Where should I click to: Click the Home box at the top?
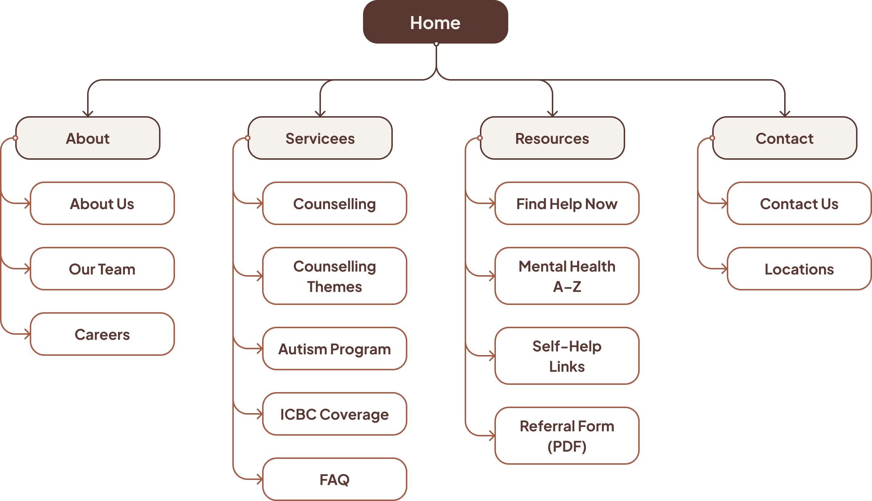pos(435,22)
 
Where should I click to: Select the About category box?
pos(88,138)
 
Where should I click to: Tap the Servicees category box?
pos(320,138)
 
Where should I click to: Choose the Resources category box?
pos(552,138)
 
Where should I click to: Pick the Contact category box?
pos(785,138)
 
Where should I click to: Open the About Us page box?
pos(102,204)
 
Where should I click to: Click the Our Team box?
pos(102,269)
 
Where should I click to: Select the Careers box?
pos(102,334)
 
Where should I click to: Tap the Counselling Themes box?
pos(334,276)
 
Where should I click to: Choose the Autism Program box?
pos(334,349)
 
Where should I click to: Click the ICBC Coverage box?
pos(334,414)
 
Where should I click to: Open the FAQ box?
pos(334,480)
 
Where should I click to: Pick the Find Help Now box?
pos(567,204)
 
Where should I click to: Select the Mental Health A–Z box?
pos(567,276)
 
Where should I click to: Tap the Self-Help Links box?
pos(567,356)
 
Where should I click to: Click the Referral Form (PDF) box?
pos(567,436)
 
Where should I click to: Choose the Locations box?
pos(799,269)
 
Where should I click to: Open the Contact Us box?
pos(799,204)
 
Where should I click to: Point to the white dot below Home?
pos(436,44)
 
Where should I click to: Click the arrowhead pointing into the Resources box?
pos(553,114)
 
